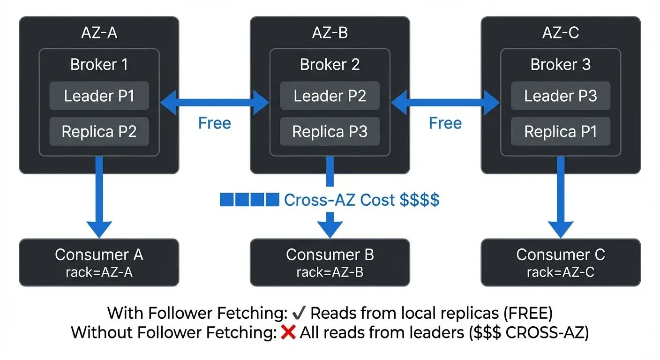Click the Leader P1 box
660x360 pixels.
99,96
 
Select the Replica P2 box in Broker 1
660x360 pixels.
99,132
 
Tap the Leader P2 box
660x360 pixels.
330,96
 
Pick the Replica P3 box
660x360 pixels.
330,132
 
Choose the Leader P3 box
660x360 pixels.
560,96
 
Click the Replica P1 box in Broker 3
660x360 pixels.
560,132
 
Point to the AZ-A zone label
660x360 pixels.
99,33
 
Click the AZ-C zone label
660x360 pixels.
560,33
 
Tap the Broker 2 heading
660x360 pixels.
330,64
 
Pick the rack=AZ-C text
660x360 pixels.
560,272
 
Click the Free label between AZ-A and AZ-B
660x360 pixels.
214,123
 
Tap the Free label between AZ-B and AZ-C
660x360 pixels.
445,123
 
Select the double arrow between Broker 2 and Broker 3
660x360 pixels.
445,101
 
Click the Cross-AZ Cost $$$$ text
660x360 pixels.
361,200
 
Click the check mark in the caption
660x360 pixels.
298,313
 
